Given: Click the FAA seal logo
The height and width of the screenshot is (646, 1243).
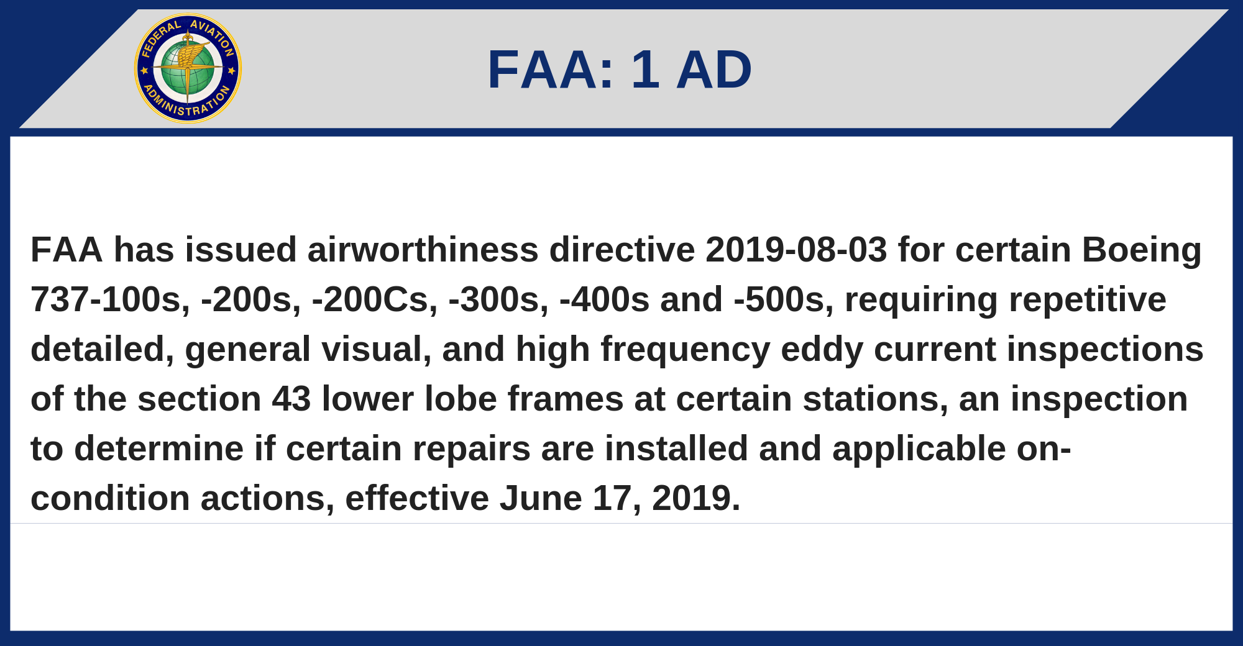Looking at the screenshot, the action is [x=188, y=68].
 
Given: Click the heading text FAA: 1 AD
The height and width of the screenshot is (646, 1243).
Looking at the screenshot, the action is [x=620, y=70].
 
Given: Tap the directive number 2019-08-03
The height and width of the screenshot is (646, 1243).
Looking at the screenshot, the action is [x=796, y=250].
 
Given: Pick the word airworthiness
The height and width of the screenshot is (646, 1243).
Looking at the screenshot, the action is [x=423, y=250].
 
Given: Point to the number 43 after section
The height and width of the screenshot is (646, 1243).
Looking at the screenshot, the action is [x=291, y=399].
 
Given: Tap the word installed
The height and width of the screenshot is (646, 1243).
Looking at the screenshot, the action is [x=676, y=448].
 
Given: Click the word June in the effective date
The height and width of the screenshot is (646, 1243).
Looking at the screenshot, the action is [x=540, y=499].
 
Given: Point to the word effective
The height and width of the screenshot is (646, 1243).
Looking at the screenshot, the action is [x=417, y=498].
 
